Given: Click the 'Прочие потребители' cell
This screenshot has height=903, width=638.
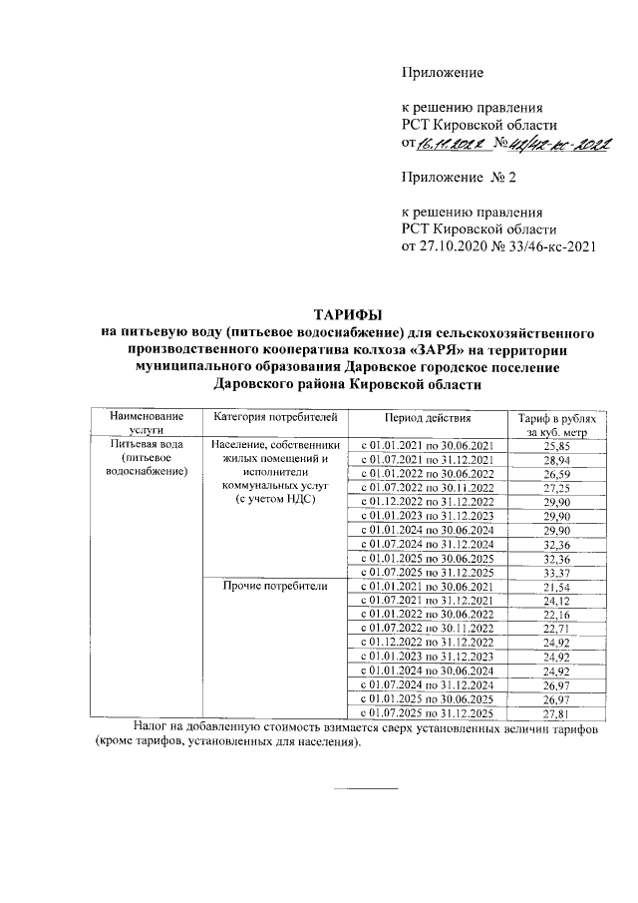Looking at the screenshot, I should pyautogui.click(x=276, y=586).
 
